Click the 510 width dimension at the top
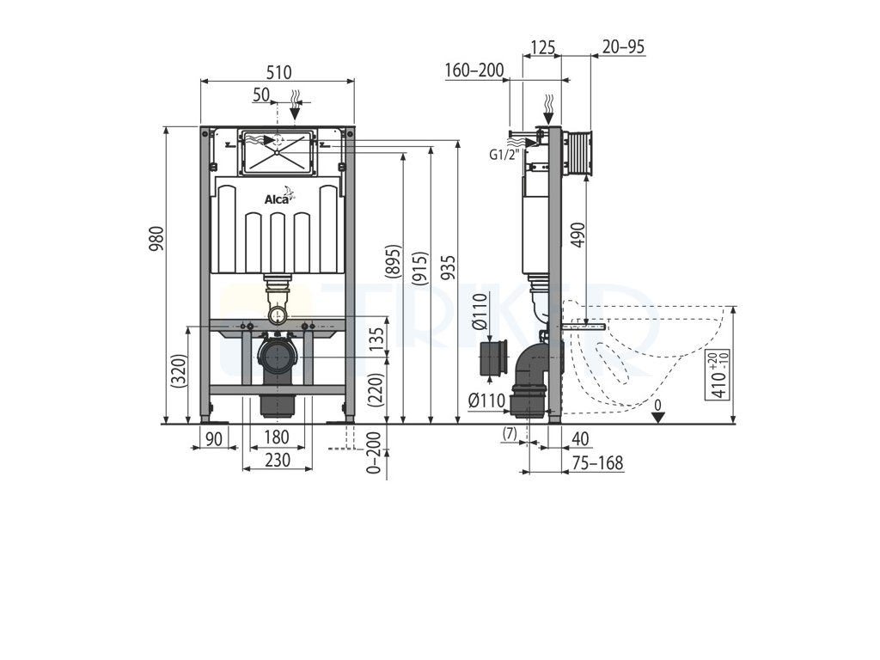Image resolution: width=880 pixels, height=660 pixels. [279, 72]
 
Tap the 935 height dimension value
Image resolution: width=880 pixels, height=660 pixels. [448, 268]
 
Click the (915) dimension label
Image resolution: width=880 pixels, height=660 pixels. [421, 268]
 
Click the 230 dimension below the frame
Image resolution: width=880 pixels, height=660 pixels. [278, 460]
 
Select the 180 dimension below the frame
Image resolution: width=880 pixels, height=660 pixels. [277, 437]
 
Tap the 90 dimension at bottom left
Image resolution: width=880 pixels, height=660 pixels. [214, 438]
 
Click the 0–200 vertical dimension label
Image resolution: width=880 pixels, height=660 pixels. [374, 452]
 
